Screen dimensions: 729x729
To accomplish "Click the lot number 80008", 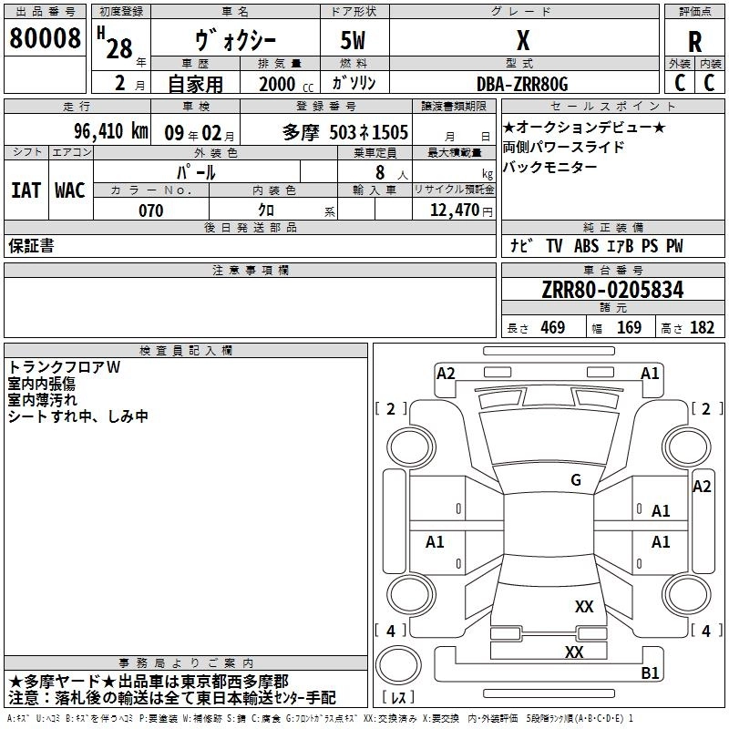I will pos(44,38).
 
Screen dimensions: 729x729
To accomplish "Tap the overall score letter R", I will pos(694,42).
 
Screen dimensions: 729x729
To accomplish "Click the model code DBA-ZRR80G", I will pos(522,84).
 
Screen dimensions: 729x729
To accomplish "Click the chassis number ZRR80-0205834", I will pos(612,291).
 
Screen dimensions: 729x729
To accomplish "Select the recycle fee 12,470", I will pos(453,210).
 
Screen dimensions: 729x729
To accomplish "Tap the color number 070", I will pos(150,210).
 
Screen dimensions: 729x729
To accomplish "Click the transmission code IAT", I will pos(26,190).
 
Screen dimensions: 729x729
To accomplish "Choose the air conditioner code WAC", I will pos(69,190).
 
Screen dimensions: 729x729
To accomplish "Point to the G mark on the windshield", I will pos(575,479).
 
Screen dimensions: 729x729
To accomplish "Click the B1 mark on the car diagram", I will pos(650,673).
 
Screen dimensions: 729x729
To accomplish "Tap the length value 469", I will pos(552,327).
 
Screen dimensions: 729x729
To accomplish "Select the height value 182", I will pos(702,327).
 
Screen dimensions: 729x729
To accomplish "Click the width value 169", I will pos(629,327).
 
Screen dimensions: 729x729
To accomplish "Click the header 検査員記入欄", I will pos(186,350).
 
